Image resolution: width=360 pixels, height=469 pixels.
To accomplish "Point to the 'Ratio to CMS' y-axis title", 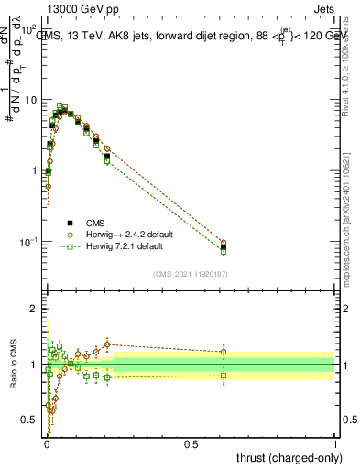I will click(x=12, y=365).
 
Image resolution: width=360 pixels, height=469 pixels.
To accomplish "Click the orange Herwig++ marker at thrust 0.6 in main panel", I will click(x=224, y=243).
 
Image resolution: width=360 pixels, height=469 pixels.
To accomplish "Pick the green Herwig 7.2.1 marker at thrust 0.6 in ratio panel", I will click(x=224, y=375).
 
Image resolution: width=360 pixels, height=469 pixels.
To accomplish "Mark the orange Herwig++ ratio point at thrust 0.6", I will click(x=224, y=352).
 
